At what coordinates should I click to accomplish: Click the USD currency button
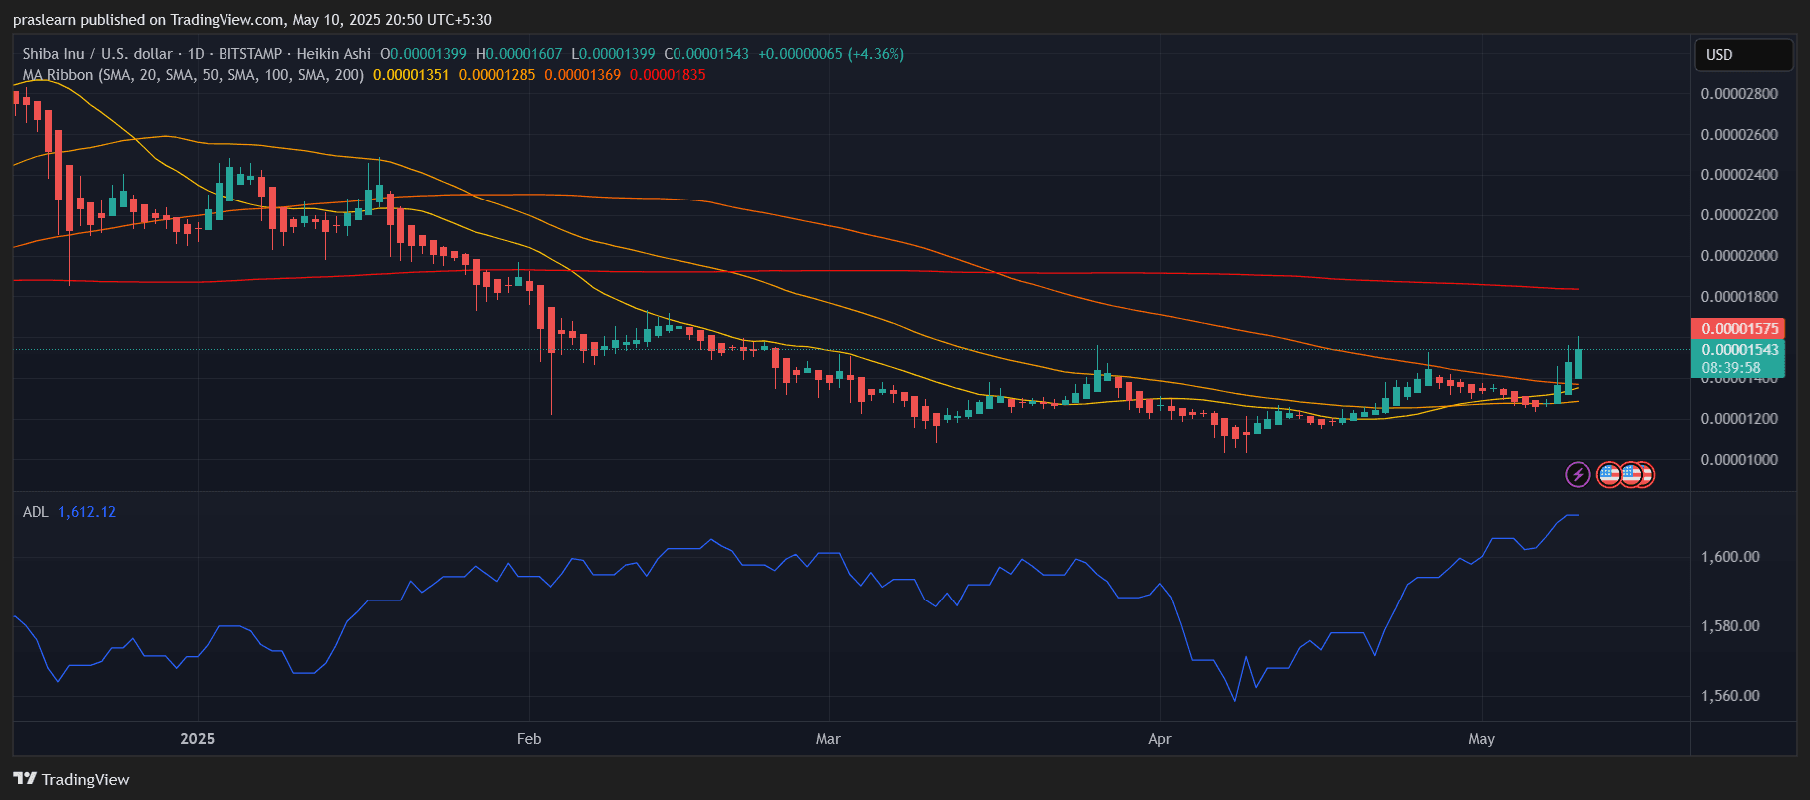point(1719,55)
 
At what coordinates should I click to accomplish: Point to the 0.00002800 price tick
point(1739,94)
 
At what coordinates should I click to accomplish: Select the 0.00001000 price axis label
point(1739,460)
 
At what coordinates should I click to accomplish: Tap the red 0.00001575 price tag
point(1739,329)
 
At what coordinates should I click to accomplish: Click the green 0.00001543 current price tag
point(1739,350)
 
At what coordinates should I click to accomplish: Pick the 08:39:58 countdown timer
point(1731,368)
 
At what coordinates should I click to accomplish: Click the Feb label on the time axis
point(529,739)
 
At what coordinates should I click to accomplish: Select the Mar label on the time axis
point(828,739)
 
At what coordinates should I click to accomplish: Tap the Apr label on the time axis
point(1159,739)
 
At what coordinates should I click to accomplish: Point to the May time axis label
point(1481,739)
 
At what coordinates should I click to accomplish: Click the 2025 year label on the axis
point(197,739)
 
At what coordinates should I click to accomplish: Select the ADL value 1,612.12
point(87,512)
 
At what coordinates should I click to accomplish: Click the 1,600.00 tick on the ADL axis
point(1730,557)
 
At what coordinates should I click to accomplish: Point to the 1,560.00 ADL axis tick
point(1730,696)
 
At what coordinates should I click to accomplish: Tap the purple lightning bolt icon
point(1578,474)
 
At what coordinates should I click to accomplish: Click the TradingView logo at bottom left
point(72,779)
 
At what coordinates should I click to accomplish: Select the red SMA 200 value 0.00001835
point(668,75)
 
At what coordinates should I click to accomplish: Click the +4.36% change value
point(875,54)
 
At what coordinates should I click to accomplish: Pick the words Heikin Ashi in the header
point(333,54)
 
